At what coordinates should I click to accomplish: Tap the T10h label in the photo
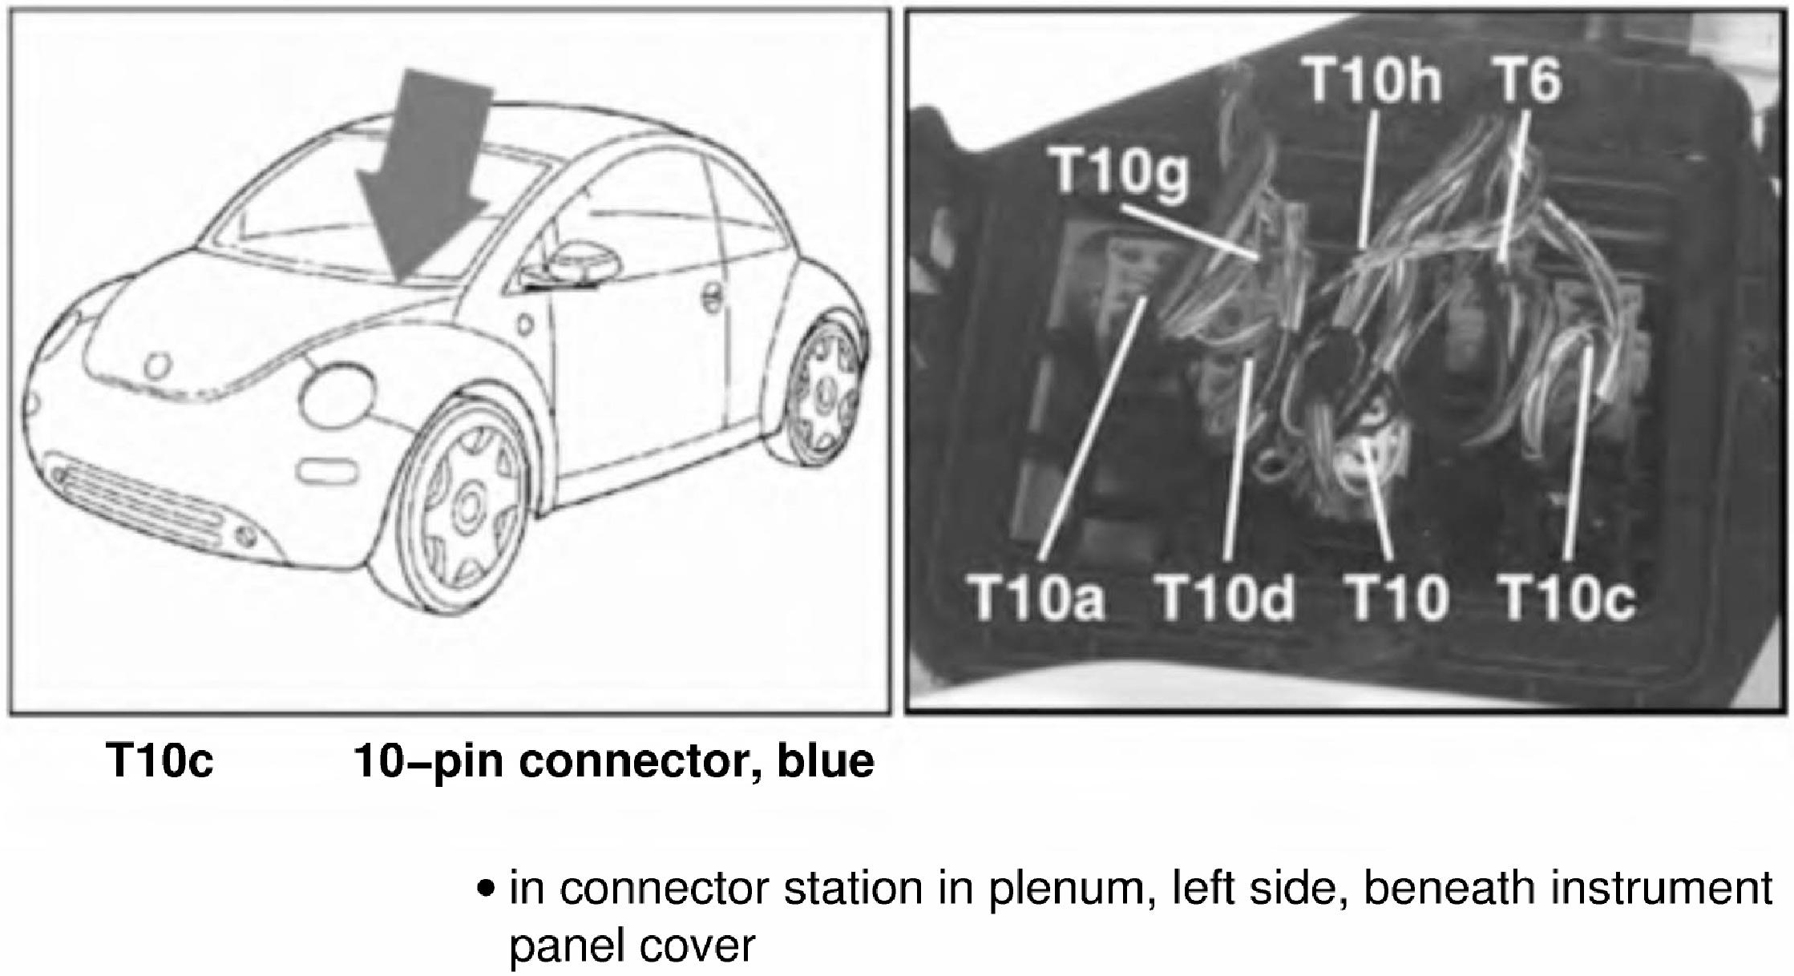[x=1373, y=80]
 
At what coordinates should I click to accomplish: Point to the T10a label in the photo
[x=1037, y=598]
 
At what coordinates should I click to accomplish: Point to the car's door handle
[x=710, y=297]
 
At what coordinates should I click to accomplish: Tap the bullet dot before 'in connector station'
[x=483, y=889]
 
